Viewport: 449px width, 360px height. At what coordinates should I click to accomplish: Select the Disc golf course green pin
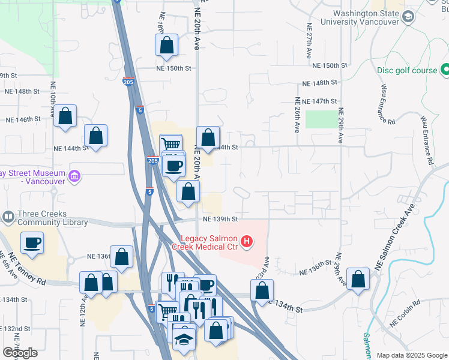tap(445, 70)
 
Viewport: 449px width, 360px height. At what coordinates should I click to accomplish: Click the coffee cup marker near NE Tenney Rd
tap(32, 243)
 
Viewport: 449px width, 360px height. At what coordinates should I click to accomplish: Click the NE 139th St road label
tap(220, 219)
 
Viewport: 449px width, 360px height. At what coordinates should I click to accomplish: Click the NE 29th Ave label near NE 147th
tap(340, 125)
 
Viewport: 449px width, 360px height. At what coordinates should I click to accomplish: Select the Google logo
tap(20, 353)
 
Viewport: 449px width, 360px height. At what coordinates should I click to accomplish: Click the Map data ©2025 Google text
tap(411, 355)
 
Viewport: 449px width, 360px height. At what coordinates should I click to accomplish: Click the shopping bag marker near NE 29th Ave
tap(358, 279)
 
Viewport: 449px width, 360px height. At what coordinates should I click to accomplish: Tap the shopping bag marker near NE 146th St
tap(65, 116)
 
